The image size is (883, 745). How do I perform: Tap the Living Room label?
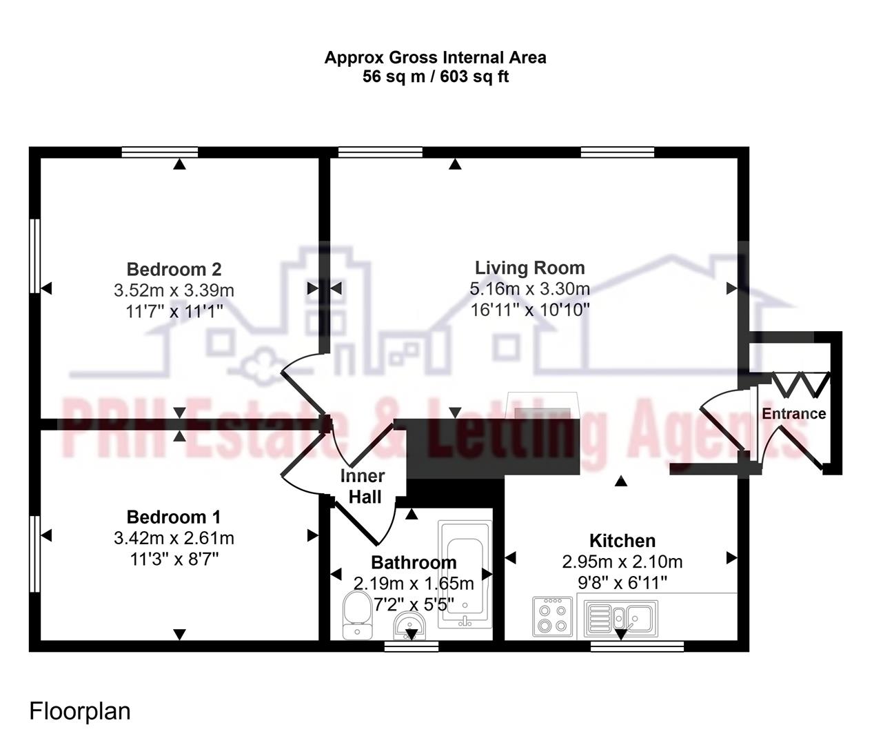529,268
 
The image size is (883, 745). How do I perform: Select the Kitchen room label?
622,541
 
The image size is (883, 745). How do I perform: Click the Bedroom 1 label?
174,517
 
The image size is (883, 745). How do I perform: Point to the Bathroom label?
414,562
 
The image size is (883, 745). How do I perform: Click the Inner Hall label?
363,486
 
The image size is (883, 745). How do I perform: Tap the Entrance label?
793,414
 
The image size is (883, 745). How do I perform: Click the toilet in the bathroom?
356,614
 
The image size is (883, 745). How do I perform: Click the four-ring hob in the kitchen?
552,617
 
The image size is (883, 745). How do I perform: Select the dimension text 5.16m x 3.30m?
529,288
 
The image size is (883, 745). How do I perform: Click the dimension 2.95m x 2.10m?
622,562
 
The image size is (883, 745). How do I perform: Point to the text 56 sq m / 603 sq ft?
436,77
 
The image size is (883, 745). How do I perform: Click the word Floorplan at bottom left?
80,711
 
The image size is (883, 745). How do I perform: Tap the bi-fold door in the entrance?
800,384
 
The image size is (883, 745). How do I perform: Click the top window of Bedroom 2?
160,152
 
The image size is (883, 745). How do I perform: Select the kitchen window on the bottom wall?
637,646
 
